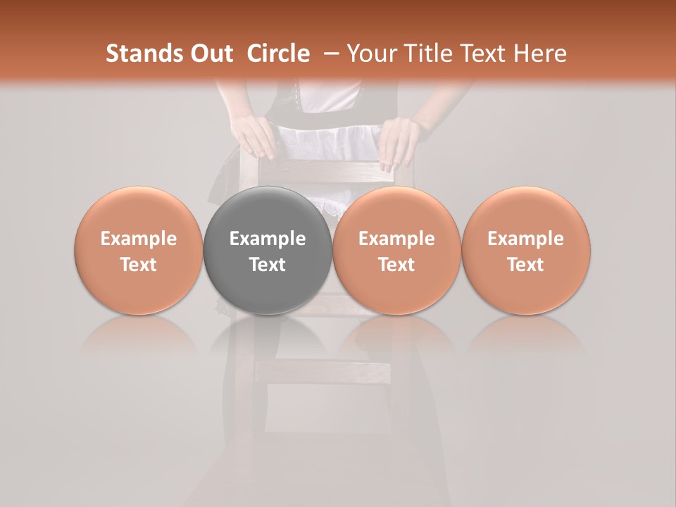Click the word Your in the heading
[x=371, y=54]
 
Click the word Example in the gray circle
[x=268, y=239]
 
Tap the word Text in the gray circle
[x=268, y=265]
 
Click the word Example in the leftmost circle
[x=138, y=239]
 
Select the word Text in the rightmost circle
[x=525, y=265]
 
